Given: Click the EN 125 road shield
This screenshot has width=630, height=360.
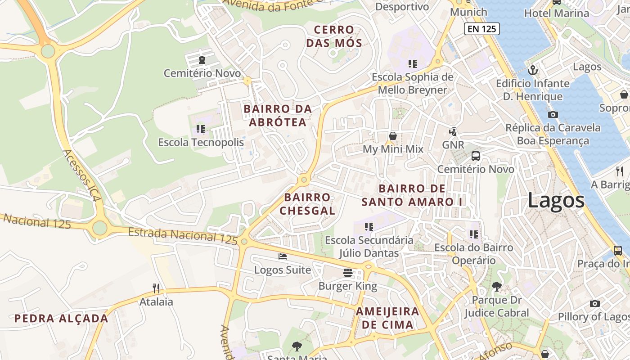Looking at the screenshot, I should point(482,29).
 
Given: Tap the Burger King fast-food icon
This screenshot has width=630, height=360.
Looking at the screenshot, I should point(348,272).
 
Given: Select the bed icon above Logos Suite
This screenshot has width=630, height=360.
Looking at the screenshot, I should point(283,256).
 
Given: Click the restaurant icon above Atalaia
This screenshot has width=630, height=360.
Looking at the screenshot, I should point(156,288).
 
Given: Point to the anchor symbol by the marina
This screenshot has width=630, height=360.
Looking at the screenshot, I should point(533,70).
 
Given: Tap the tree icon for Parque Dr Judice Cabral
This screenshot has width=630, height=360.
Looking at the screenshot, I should point(496,286).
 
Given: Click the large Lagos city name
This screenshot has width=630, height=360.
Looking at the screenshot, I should point(556,200).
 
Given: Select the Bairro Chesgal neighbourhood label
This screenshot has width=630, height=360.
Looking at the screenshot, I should point(307,204).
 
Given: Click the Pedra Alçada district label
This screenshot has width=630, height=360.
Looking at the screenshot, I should point(61,319).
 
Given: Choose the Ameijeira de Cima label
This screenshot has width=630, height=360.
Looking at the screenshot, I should point(387,318).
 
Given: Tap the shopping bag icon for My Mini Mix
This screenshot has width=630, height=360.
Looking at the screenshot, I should point(393,135).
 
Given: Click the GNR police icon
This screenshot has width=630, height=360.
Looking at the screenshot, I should point(453,132).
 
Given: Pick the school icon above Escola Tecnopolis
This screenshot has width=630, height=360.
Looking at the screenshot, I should point(201,129).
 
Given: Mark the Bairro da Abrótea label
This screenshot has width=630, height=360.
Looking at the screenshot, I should point(278,115).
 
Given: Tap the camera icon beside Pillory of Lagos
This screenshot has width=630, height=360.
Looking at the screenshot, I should point(594,304).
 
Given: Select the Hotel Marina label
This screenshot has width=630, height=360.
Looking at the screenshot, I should point(557,13).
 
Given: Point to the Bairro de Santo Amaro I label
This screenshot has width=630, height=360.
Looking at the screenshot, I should point(412,195).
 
